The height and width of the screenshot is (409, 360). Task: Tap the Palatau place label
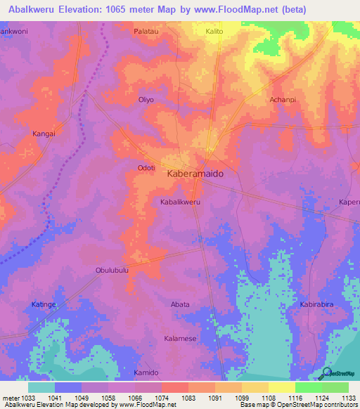(x=146, y=32)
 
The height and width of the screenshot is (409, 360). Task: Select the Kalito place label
(x=214, y=32)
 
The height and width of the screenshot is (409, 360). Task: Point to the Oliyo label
(x=146, y=100)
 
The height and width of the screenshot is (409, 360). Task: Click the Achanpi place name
(x=283, y=100)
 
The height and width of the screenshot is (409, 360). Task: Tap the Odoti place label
(x=146, y=167)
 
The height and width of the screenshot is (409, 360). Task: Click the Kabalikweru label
(x=181, y=202)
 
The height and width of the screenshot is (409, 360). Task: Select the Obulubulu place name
(x=112, y=270)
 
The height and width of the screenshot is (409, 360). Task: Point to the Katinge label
(x=44, y=304)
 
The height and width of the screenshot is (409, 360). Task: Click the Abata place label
(x=181, y=304)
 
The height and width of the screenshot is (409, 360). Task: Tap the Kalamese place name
(x=180, y=338)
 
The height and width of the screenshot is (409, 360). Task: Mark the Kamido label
(x=146, y=372)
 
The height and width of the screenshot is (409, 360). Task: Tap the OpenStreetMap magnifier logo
(x=325, y=373)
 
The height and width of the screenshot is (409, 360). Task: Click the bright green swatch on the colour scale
(x=308, y=387)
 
